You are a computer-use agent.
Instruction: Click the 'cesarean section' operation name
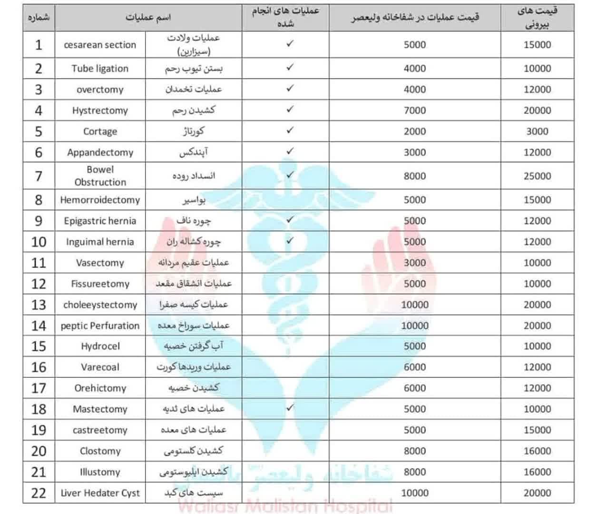click(x=100, y=45)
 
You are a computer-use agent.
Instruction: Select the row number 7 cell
click(x=39, y=176)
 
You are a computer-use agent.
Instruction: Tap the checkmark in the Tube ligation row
click(x=290, y=68)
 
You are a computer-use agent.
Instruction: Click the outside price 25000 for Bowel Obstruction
click(x=537, y=176)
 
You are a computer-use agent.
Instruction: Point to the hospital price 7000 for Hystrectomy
click(x=414, y=110)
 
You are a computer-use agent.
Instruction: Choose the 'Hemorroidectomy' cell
click(x=100, y=200)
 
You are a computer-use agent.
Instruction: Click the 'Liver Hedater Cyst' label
click(x=100, y=493)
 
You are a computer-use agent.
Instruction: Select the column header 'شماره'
click(x=39, y=18)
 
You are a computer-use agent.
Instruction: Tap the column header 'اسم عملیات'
click(x=148, y=18)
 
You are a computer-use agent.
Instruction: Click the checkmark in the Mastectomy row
click(x=290, y=408)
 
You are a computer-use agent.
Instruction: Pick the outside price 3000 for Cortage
click(x=537, y=131)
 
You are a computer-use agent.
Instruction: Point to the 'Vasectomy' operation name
click(x=100, y=263)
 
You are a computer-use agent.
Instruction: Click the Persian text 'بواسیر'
click(x=194, y=200)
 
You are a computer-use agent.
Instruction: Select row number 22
click(x=39, y=493)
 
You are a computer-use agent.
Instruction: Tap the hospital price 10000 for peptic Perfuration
click(x=414, y=326)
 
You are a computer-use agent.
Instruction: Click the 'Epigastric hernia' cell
click(x=100, y=221)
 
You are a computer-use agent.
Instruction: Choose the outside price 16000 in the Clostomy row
click(x=537, y=451)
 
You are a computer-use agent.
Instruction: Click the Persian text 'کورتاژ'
click(x=194, y=131)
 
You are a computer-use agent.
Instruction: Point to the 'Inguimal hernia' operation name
click(x=100, y=242)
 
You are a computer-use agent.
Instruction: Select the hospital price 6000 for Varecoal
click(x=414, y=367)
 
